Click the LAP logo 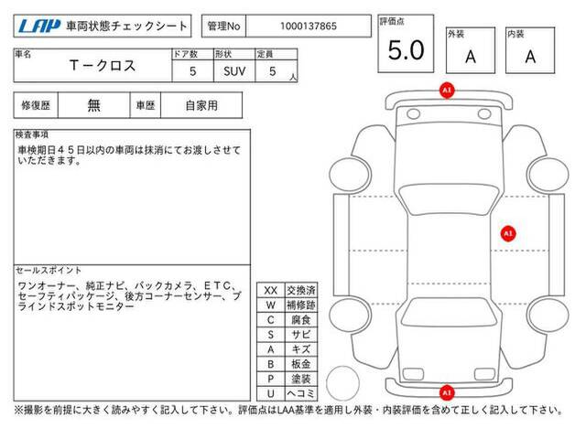pyautogui.click(x=39, y=26)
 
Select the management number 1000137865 pyautogui.click(x=309, y=27)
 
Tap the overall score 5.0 pyautogui.click(x=406, y=50)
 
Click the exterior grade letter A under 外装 pyautogui.click(x=471, y=57)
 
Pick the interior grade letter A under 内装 pyautogui.click(x=530, y=57)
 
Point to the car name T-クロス pyautogui.click(x=103, y=66)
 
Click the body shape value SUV pyautogui.click(x=234, y=71)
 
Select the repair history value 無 pyautogui.click(x=93, y=105)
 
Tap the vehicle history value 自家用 pyautogui.click(x=201, y=106)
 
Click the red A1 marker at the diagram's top pyautogui.click(x=447, y=91)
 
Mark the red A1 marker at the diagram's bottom pyautogui.click(x=447, y=392)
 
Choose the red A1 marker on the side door pyautogui.click(x=508, y=234)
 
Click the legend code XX pyautogui.click(x=271, y=291)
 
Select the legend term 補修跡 pyautogui.click(x=301, y=305)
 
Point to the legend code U pyautogui.click(x=271, y=393)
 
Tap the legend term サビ pyautogui.click(x=301, y=335)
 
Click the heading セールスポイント pyautogui.click(x=49, y=271)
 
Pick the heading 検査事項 pyautogui.click(x=32, y=134)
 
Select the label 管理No pyautogui.click(x=223, y=27)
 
